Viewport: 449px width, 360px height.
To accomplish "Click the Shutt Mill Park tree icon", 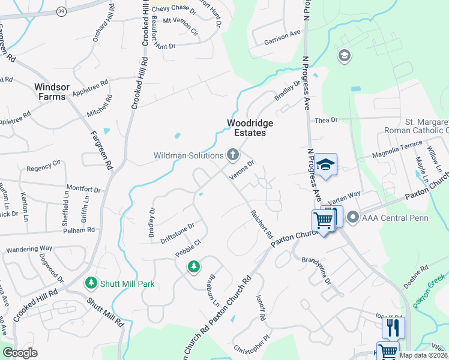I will click(91, 282).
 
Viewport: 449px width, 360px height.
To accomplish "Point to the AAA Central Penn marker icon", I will click(352, 217).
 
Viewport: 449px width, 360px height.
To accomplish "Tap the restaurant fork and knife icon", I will click(393, 328).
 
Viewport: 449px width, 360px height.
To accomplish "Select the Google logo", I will click(20, 353).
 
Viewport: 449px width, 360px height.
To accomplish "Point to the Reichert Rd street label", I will click(262, 223).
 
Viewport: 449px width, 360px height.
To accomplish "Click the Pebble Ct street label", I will click(186, 251).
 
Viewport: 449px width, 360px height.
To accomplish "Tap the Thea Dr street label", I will click(326, 120).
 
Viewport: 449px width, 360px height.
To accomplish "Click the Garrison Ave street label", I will click(282, 38).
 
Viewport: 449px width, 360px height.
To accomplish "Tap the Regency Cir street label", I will click(44, 163).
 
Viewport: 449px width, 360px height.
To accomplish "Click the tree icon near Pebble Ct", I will click(193, 266).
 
